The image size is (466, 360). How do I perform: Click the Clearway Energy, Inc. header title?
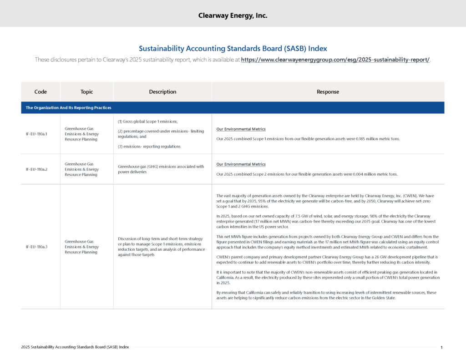click(x=233, y=15)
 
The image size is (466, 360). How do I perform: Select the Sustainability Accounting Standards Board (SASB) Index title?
click(x=233, y=48)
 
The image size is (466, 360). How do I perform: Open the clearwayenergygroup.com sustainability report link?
click(x=335, y=60)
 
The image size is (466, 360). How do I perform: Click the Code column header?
click(x=41, y=91)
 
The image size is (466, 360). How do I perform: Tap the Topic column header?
click(x=86, y=91)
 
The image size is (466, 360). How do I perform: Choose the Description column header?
click(x=162, y=91)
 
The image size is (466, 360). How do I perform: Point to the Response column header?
click(x=328, y=91)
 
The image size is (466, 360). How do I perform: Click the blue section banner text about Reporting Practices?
click(x=68, y=108)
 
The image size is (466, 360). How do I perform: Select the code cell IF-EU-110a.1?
click(x=36, y=134)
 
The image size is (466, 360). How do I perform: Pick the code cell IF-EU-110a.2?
click(x=36, y=169)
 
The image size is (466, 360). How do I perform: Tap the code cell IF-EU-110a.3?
click(x=36, y=247)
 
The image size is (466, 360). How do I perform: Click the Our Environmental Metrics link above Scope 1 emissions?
click(x=241, y=129)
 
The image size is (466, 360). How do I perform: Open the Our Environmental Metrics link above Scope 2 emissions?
click(x=241, y=164)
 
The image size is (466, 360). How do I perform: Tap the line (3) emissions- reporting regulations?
click(x=146, y=147)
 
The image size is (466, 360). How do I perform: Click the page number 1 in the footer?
click(x=441, y=348)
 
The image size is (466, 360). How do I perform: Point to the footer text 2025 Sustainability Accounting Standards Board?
click(x=75, y=347)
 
